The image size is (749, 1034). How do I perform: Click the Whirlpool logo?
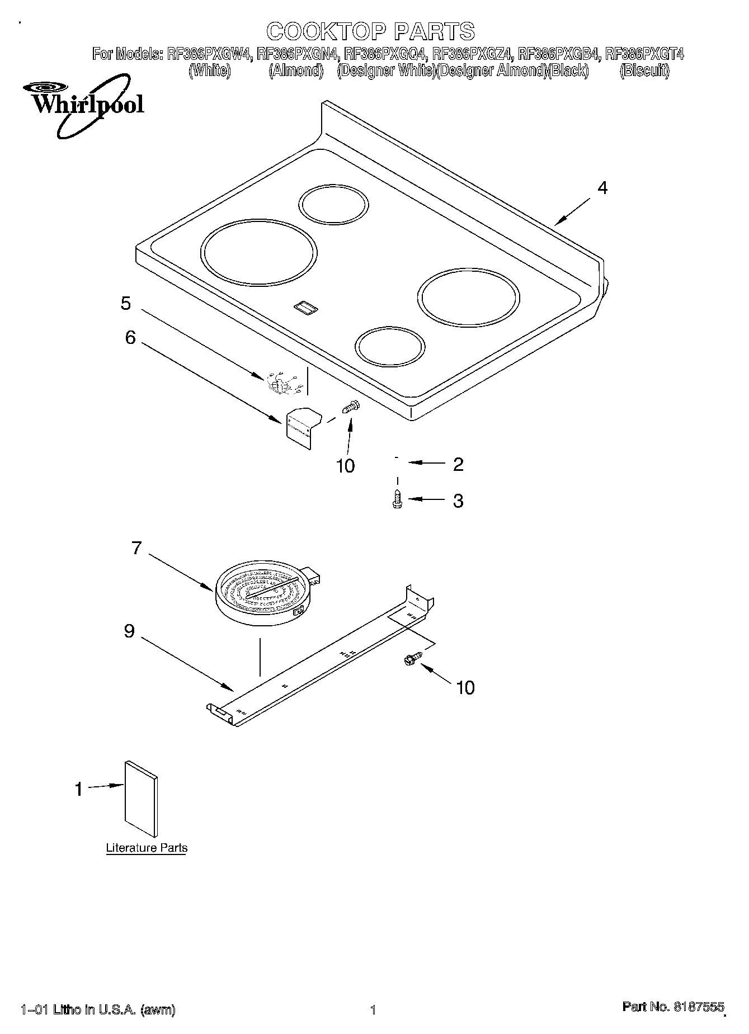point(83,106)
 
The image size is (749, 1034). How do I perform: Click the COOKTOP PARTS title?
point(370,32)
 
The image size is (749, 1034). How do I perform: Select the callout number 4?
point(602,188)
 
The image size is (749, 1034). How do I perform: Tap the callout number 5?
point(126,304)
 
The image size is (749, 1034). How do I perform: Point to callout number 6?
point(130,337)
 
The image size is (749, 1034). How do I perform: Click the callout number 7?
point(136,548)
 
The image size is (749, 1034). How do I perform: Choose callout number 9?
point(129,631)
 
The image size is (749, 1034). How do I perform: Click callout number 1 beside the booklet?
point(78,789)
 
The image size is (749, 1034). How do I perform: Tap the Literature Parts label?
point(147,848)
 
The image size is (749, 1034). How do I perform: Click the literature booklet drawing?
point(141,799)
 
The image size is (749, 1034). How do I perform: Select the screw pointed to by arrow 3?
point(398,499)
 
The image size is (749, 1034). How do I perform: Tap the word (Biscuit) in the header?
point(644,71)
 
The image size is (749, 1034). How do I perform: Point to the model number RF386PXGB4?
point(559,54)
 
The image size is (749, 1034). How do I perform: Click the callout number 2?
point(458,464)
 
